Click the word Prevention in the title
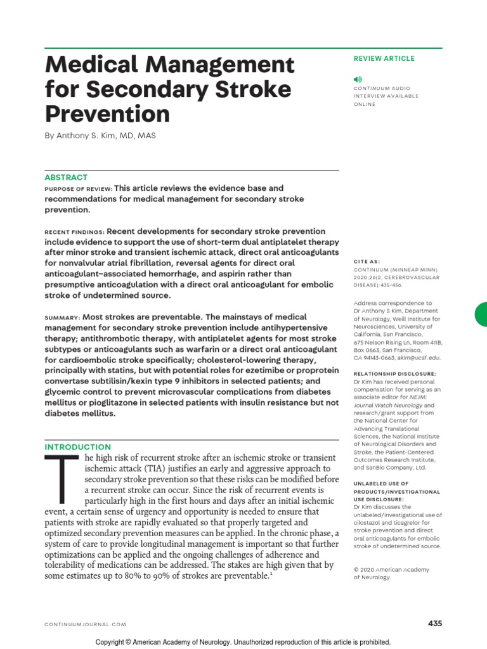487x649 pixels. (107, 113)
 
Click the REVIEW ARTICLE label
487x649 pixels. (384, 58)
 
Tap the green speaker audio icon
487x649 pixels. (358, 79)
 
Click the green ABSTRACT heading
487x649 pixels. (66, 177)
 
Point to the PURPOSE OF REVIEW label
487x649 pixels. (78, 189)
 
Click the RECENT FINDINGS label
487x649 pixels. (74, 232)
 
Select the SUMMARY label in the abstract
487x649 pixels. (62, 317)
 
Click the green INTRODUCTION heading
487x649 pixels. (77, 447)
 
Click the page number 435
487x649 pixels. (434, 624)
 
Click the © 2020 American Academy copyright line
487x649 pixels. (391, 569)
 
